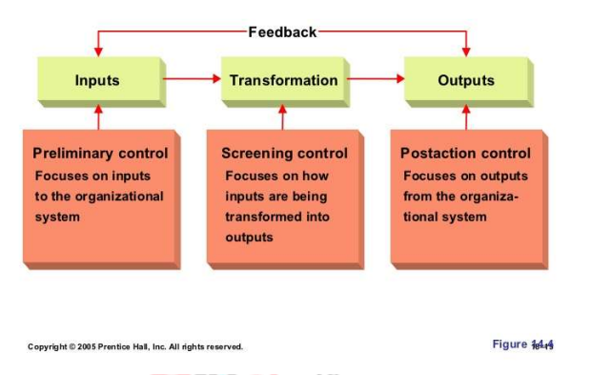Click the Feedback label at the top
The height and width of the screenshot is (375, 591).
pyautogui.click(x=282, y=31)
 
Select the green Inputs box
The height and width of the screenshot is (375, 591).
pyautogui.click(x=97, y=80)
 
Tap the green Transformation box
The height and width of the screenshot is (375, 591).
pyautogui.click(x=283, y=80)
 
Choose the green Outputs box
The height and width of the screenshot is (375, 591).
pyautogui.click(x=466, y=80)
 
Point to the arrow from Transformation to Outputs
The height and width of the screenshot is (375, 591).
pyautogui.click(x=375, y=79)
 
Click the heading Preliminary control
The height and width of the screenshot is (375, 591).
pyautogui.click(x=100, y=153)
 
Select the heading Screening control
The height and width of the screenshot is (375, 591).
pyautogui.click(x=284, y=153)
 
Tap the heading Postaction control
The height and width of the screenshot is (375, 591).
pyautogui.click(x=465, y=153)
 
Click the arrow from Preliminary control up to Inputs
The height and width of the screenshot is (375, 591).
pyautogui.click(x=97, y=116)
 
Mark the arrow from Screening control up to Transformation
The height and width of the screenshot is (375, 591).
pyautogui.click(x=282, y=116)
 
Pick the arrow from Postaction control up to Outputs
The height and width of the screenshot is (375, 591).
pyautogui.click(x=466, y=116)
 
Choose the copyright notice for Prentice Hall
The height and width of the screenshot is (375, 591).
pyautogui.click(x=134, y=346)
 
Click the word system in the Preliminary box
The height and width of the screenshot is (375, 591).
pyautogui.click(x=57, y=217)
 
